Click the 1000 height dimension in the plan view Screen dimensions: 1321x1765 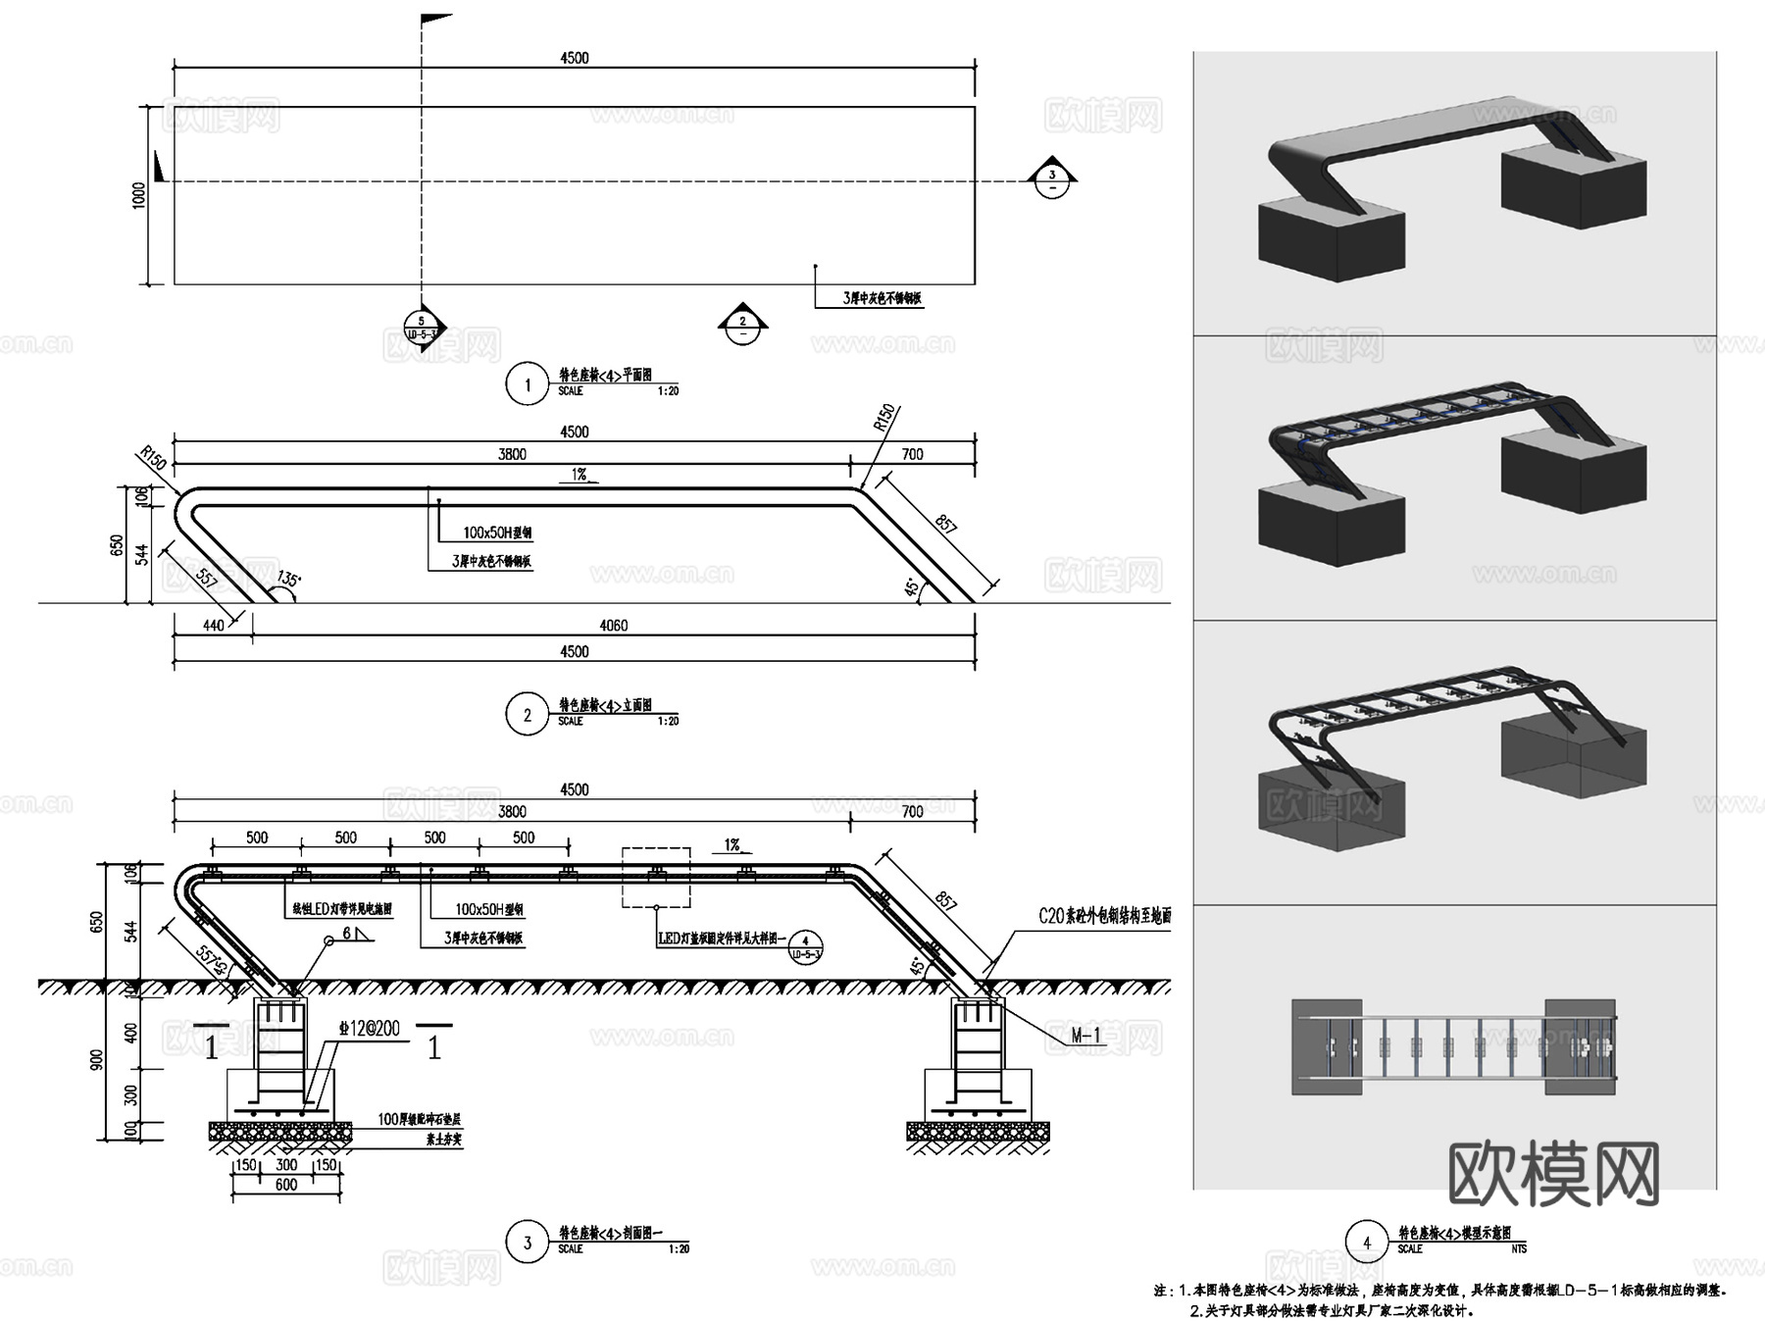pos(139,194)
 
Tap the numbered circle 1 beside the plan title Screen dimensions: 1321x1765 pos(527,383)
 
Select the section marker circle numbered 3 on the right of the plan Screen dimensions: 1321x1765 pos(1052,178)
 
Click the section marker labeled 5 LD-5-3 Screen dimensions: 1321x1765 pos(423,328)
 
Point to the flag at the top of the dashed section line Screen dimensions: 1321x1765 pos(435,19)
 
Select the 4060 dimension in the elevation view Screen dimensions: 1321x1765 pos(613,625)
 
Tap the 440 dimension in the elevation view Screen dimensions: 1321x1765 pos(214,625)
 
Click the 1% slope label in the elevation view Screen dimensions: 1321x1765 pos(580,475)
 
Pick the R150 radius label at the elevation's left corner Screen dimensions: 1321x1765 pos(153,458)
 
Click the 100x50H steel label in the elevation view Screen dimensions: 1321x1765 pos(497,533)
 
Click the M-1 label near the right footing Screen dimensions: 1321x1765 pos(1085,1035)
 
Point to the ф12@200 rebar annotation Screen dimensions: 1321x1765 pos(370,1028)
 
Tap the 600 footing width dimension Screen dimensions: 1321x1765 pos(286,1185)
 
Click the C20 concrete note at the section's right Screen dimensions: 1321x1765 pos(1104,916)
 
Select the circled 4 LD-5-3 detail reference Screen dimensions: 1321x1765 pos(806,946)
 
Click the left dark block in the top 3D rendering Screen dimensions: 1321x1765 pos(1331,238)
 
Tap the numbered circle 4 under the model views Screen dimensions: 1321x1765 pos(1367,1242)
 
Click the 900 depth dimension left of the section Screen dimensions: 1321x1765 pos(97,1059)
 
